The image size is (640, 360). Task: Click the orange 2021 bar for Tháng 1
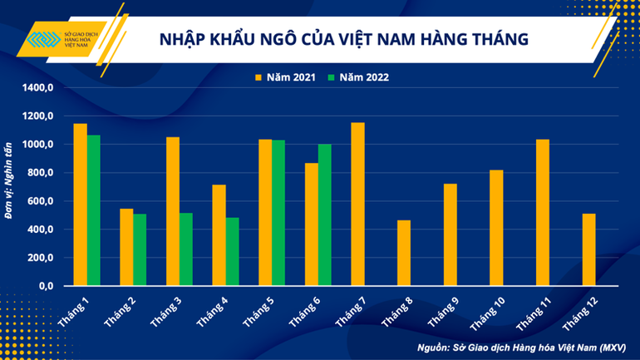click(80, 205)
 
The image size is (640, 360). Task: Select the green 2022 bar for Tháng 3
click(187, 249)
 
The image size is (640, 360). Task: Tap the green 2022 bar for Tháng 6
click(325, 215)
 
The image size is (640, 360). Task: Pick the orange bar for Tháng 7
click(357, 205)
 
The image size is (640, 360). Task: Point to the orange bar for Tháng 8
click(403, 253)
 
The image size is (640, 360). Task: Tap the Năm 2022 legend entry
click(358, 77)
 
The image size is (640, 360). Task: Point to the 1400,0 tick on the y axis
click(38, 87)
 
